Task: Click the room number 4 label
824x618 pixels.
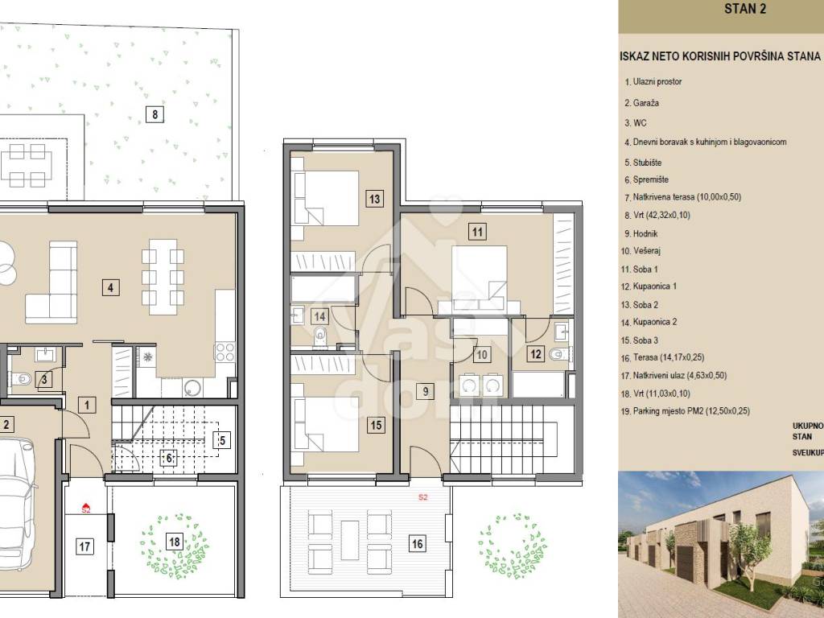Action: (110, 287)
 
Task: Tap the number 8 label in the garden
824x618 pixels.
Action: (154, 114)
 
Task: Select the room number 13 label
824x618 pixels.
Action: (374, 199)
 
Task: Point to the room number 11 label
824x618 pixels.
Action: (477, 232)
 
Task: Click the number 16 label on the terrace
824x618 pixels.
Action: (418, 543)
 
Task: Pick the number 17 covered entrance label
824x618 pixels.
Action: (84, 546)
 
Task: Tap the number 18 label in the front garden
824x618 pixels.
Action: (175, 542)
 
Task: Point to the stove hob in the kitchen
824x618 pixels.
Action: (225, 352)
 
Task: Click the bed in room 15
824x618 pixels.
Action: (326, 424)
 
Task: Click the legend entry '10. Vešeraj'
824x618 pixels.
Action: (641, 251)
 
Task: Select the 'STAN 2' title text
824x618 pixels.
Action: (745, 8)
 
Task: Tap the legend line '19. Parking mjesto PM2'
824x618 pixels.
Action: (686, 411)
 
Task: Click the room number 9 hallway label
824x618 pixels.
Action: (425, 391)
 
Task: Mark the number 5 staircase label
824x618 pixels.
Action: (222, 440)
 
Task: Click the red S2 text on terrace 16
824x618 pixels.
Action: (423, 496)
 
